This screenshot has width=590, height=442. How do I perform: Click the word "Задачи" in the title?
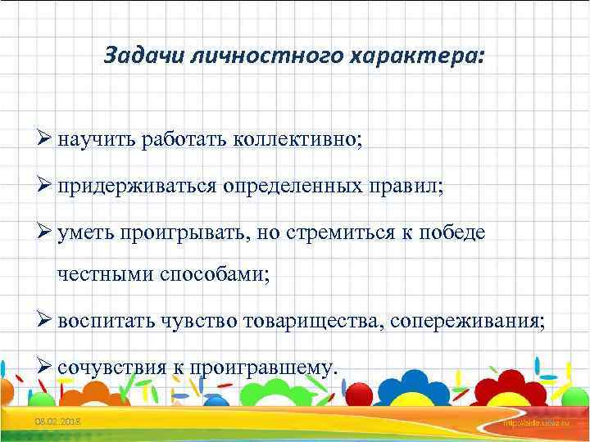tap(134, 56)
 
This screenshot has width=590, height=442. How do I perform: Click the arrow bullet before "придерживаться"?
tap(46, 186)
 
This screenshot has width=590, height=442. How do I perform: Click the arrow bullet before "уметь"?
tap(46, 232)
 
